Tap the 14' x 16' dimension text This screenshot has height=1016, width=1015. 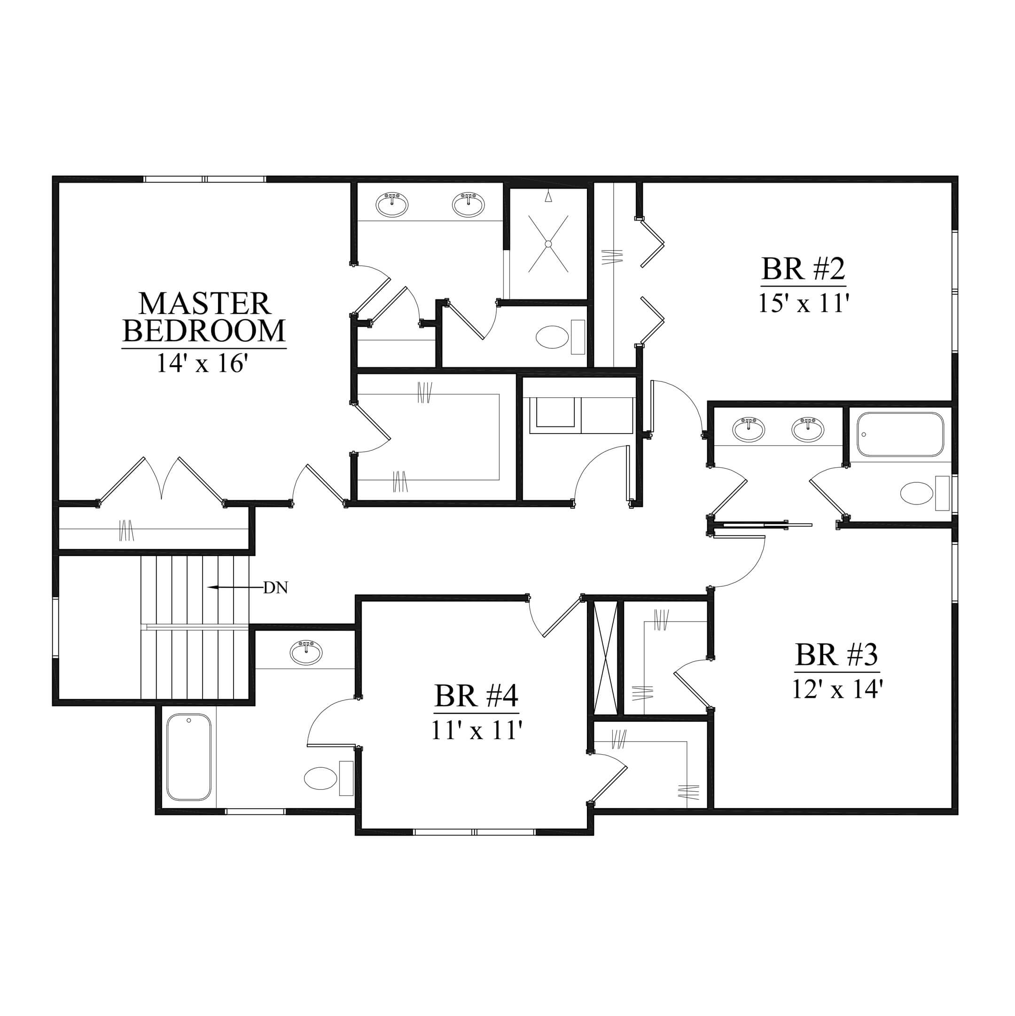pos(202,363)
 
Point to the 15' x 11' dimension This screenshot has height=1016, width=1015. pos(803,303)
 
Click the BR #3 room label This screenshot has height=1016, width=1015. pos(837,655)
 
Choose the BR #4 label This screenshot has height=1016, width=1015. pos(476,696)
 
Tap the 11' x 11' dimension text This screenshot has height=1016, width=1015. pos(476,731)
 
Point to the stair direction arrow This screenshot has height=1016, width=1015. pos(234,587)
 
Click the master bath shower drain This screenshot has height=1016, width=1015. pos(548,244)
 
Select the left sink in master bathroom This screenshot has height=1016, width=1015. pos(391,205)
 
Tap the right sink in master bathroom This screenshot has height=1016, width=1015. pos(468,205)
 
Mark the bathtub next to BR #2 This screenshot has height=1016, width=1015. pos(900,434)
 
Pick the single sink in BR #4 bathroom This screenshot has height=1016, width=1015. pos(306,653)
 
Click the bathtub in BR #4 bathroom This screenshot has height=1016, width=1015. pos(189,757)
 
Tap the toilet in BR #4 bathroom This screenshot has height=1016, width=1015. pos(328,778)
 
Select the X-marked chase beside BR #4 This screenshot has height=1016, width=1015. pos(606,658)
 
